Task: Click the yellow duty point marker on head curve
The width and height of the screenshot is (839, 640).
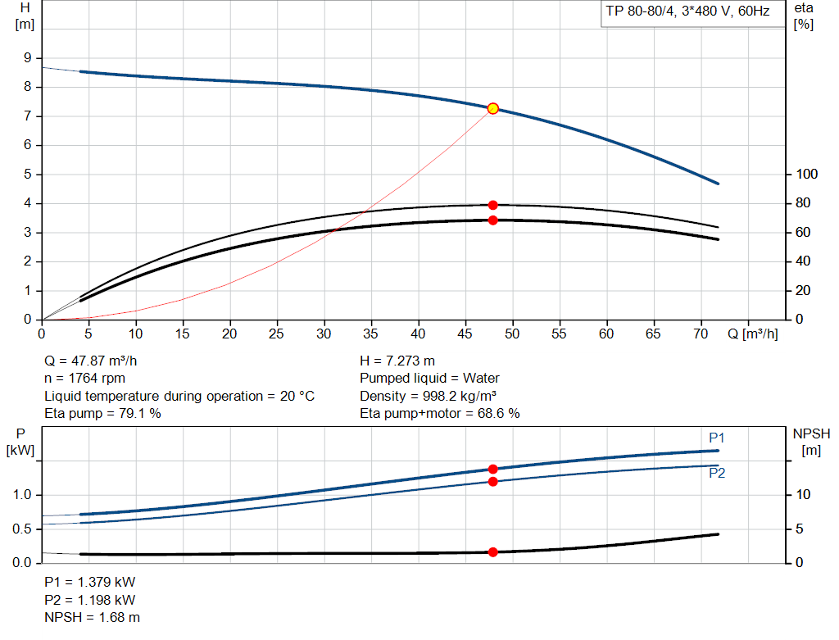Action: (492, 108)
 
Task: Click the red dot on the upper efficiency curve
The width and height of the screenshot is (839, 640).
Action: (492, 205)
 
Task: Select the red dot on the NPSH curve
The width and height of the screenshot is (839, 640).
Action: (492, 552)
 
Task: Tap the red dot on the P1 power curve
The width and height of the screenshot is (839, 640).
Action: (492, 469)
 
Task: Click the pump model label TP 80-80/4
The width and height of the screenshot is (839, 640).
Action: (687, 14)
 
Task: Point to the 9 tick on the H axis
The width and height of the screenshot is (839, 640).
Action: (28, 58)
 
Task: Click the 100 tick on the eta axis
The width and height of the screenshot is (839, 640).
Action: (807, 175)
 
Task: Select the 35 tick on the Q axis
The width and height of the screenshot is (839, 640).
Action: (372, 334)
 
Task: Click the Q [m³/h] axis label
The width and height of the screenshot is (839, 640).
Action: (752, 334)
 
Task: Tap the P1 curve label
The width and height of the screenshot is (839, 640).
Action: (717, 438)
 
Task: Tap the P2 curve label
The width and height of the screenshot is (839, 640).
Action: (717, 473)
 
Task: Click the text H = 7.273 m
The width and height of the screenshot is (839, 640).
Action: (397, 361)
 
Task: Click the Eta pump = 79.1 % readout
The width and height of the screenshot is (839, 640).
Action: (102, 414)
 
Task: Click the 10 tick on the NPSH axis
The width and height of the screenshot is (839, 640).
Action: (805, 495)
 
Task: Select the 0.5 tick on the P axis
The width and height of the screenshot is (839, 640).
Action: (22, 529)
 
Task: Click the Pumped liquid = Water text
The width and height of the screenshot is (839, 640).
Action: (429, 379)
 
